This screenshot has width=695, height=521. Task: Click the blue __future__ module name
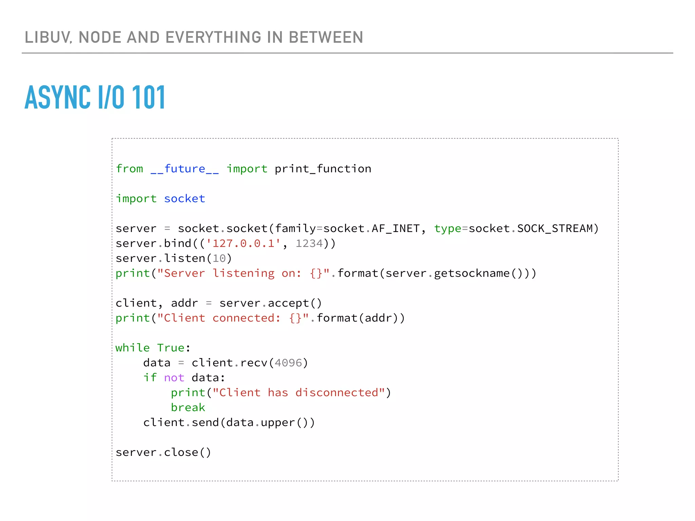click(185, 169)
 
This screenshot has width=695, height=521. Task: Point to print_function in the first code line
click(323, 169)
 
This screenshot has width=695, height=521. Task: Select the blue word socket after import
click(185, 199)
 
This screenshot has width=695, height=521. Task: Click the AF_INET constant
click(396, 229)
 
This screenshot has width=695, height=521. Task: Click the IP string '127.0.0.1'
click(243, 244)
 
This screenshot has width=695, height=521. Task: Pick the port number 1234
click(309, 244)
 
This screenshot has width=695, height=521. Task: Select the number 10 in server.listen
click(219, 258)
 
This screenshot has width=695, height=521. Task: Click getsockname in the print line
click(472, 273)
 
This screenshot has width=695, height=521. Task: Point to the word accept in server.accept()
click(288, 303)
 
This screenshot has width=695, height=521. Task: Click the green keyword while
click(132, 348)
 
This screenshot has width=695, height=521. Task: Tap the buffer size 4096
click(288, 363)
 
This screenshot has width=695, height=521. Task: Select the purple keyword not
click(174, 378)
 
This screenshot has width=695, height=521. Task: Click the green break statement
click(188, 408)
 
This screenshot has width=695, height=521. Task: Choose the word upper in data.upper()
click(278, 423)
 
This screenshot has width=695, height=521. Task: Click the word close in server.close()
click(181, 452)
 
